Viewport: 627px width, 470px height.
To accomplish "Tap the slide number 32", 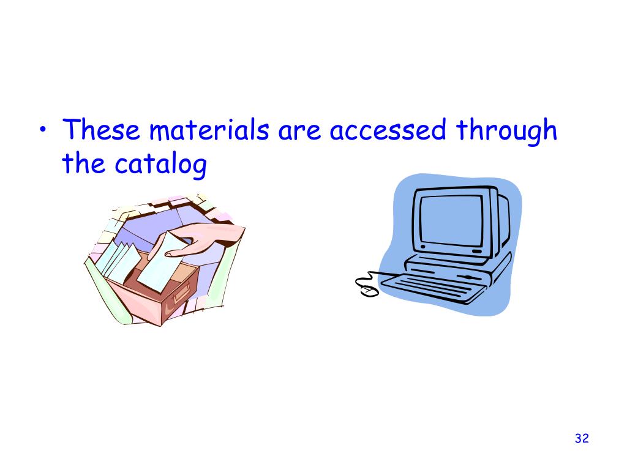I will click(x=582, y=438).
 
